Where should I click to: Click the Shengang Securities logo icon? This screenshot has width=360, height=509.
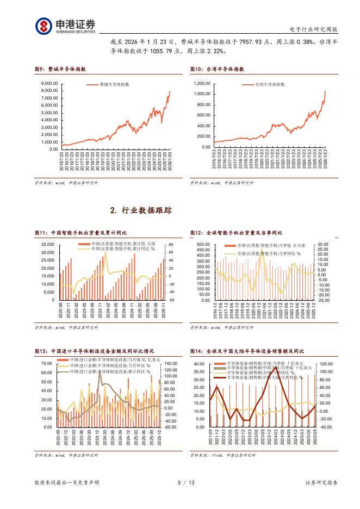(44, 26)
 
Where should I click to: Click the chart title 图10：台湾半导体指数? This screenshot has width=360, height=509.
(217, 69)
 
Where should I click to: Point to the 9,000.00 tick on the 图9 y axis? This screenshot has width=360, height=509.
(49, 83)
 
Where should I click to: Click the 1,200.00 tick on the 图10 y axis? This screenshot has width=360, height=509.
(202, 83)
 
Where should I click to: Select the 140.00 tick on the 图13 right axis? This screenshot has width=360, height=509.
(171, 363)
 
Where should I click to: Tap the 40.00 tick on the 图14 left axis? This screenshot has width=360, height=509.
(197, 363)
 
